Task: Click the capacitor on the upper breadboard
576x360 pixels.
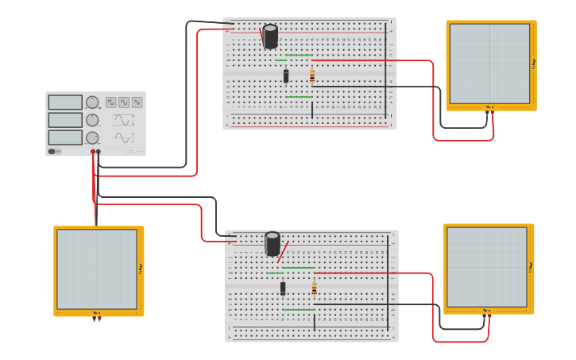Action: coord(271,37)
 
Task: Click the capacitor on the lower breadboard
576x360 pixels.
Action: coord(273,244)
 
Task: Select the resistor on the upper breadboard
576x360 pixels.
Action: coord(312,76)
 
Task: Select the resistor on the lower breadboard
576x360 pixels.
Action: coord(314,288)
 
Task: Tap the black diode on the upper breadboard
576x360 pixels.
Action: coord(286,76)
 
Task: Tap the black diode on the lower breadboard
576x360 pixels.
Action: coord(283,288)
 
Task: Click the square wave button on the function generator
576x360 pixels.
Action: coord(111,102)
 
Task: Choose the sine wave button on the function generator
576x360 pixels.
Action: coord(124,102)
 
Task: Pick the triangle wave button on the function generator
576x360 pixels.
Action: coord(137,102)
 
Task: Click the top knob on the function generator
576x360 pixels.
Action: coord(92,103)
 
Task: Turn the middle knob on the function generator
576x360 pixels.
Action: coord(92,120)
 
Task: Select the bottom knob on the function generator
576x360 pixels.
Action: coord(92,137)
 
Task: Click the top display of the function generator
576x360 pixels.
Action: coord(65,103)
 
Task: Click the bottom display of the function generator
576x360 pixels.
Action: coord(65,137)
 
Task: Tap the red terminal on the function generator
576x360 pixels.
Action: coord(93,151)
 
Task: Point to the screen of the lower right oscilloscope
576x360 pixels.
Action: coord(487,267)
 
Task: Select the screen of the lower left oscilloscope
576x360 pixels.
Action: coord(96,269)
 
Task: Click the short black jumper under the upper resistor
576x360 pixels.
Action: coord(312,110)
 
